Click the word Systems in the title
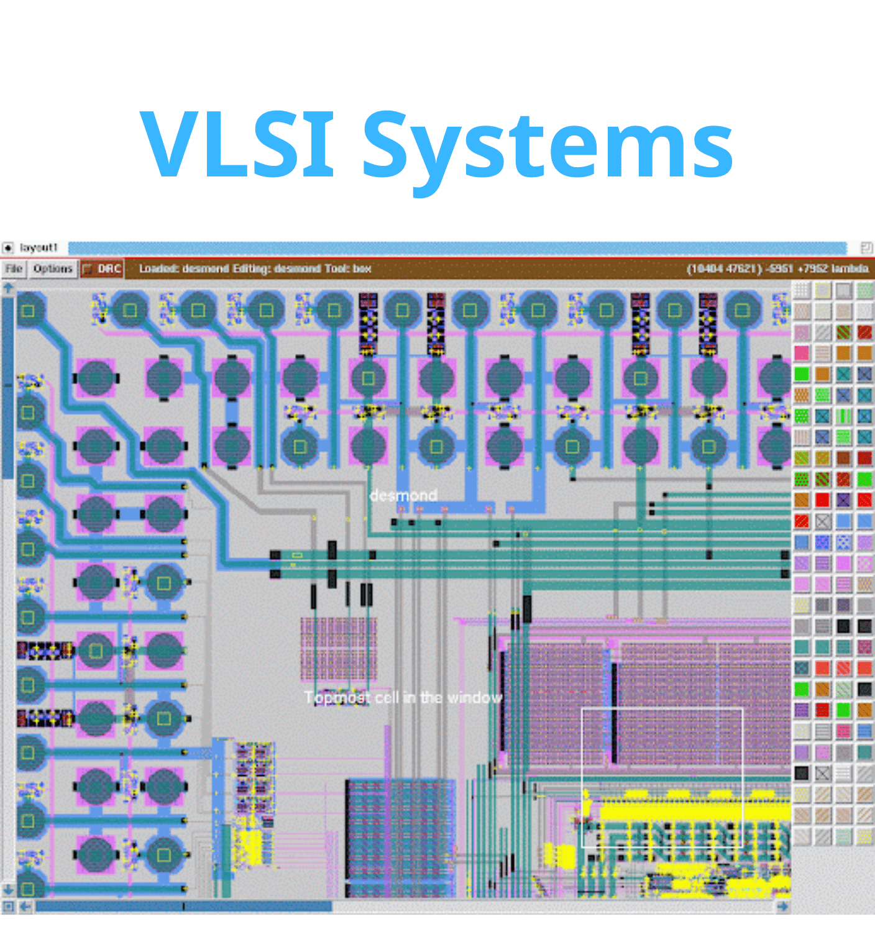tap(547, 149)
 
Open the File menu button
tap(14, 268)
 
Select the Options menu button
tap(53, 268)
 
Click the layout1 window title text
tap(39, 247)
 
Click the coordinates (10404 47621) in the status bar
tap(725, 268)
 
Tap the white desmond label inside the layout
tap(403, 495)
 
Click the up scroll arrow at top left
tap(8, 288)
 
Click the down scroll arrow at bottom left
tap(8, 890)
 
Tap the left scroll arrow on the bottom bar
tap(25, 907)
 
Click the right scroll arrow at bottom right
tap(782, 907)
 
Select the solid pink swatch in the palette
tap(802, 353)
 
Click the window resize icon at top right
tap(866, 248)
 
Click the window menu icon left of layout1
tap(7, 247)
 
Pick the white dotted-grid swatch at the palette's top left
tap(802, 290)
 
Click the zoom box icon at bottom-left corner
tap(8, 907)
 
